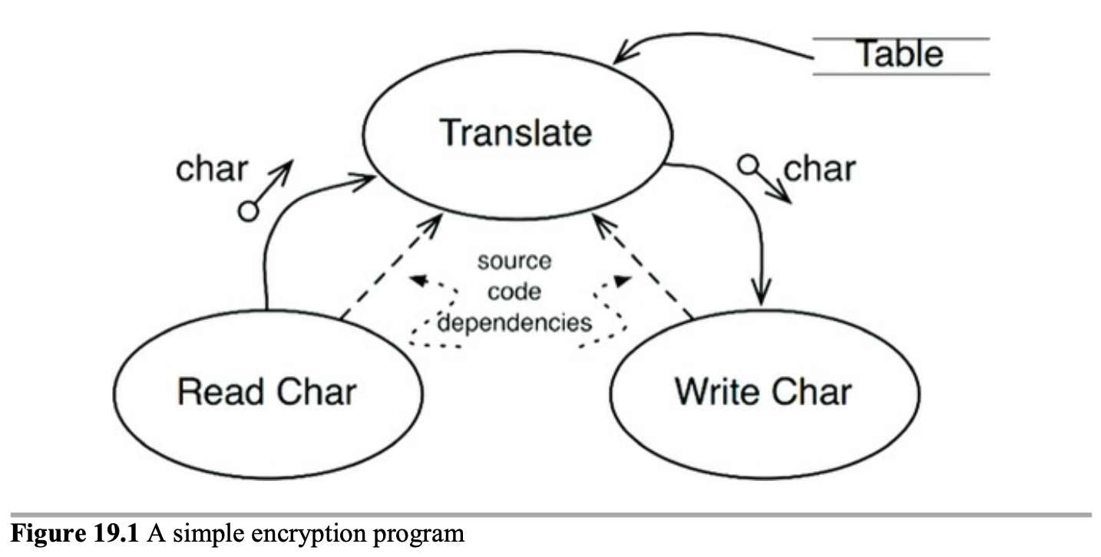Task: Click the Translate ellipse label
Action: pos(516,133)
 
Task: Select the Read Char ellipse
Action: pos(267,392)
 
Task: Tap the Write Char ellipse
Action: pos(763,392)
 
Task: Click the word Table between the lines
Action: pos(900,54)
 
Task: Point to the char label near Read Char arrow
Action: pos(212,169)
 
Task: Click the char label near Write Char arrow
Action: pos(819,169)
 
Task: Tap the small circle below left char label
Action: pos(248,211)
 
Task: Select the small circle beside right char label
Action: pos(747,163)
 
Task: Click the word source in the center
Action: pos(514,261)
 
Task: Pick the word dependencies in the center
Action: pos(514,321)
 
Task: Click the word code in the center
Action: pos(514,292)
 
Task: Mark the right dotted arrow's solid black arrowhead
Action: pos(622,282)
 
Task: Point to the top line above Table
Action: pos(900,38)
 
